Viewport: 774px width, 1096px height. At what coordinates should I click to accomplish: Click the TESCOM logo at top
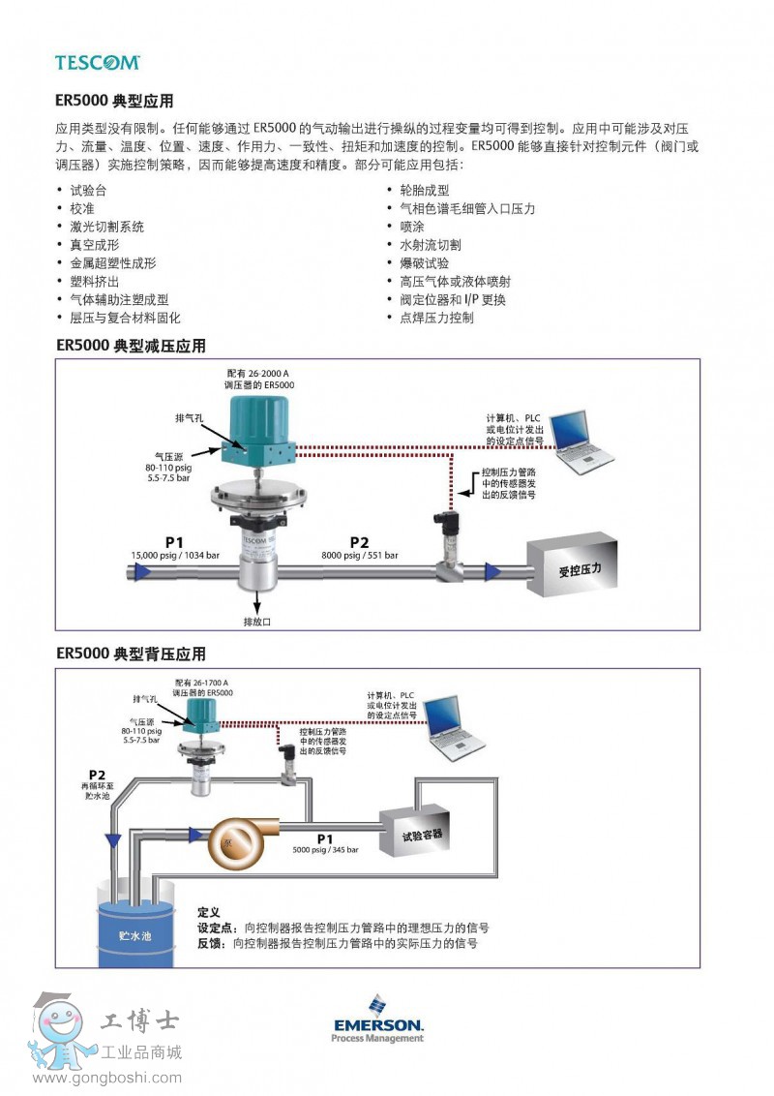97,62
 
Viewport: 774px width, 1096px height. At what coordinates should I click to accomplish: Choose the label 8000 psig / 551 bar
360,555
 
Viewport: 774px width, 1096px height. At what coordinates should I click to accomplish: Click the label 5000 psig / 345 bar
325,849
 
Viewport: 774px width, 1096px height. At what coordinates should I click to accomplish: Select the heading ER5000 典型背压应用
131,655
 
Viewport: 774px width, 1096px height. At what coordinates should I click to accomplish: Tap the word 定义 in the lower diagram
209,912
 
